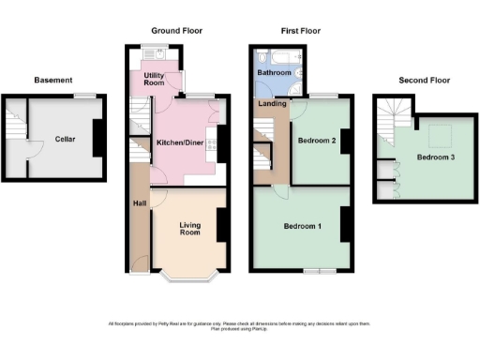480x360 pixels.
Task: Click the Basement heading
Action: point(52,81)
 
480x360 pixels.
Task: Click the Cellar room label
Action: point(65,139)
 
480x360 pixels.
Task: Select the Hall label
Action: point(138,202)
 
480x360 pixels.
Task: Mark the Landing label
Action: point(273,104)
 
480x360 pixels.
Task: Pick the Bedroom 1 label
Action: point(302,227)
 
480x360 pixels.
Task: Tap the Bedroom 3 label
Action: point(436,157)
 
